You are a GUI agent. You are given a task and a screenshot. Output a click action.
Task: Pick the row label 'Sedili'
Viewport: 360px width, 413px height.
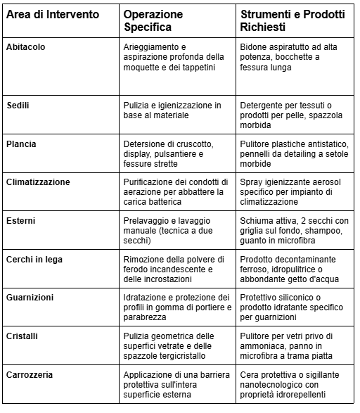[18, 105]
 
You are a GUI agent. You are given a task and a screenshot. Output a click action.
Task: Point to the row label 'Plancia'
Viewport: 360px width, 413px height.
[21, 144]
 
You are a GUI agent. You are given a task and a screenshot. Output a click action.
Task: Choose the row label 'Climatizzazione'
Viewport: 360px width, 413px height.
[38, 182]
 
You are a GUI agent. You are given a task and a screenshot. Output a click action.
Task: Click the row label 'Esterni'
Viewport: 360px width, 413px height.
[21, 220]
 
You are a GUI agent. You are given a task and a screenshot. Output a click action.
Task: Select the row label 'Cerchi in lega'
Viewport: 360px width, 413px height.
[35, 259]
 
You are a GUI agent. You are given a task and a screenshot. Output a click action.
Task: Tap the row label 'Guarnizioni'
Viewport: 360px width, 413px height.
[30, 298]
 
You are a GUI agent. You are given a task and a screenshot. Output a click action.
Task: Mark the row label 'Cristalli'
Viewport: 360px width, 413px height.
[23, 336]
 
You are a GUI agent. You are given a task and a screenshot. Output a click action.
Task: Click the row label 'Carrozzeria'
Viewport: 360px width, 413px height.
[31, 375]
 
